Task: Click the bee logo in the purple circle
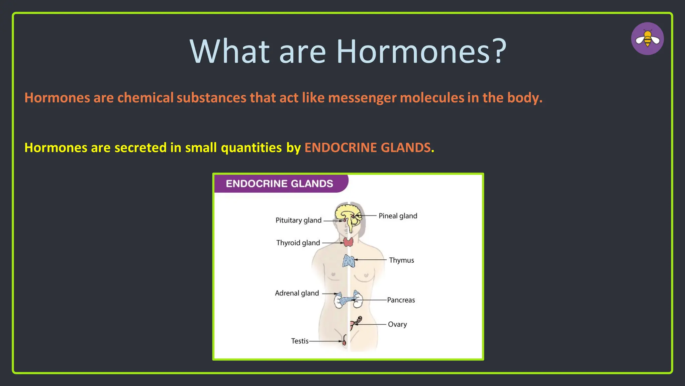647,39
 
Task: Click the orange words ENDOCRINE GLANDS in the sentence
367,148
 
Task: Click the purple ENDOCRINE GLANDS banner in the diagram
280,184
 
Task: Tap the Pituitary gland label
298,220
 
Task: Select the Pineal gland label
398,216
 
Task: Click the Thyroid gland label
298,243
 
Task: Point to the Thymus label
401,260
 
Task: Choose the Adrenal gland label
297,293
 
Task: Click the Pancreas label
401,300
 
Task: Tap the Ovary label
397,324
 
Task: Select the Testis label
300,341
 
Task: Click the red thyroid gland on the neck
348,242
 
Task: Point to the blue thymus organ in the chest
349,261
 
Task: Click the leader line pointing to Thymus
371,260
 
